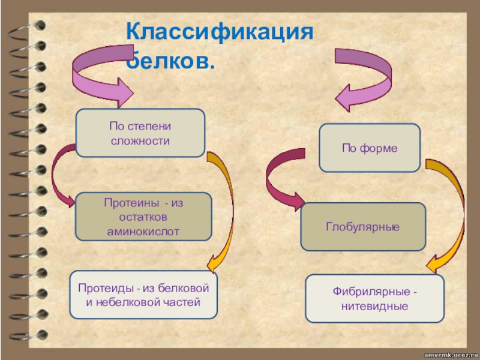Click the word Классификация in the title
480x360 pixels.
220,32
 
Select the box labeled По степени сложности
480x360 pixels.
140,133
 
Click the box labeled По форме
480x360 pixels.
370,148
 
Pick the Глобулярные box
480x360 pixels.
363,227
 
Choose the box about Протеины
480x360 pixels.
143,217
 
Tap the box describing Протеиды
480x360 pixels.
143,295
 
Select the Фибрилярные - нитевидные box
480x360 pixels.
374,298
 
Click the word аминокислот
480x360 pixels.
143,232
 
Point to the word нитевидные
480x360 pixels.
374,306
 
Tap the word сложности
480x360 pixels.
140,141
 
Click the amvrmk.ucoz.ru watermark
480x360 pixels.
451,355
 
